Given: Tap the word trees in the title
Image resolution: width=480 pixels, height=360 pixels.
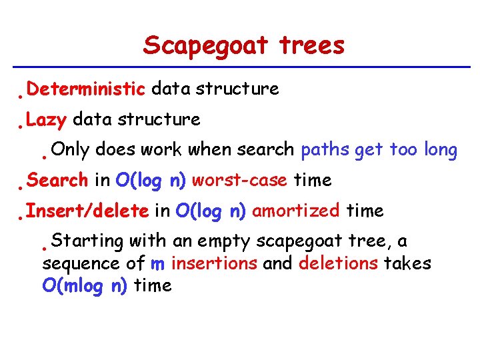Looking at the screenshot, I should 312,45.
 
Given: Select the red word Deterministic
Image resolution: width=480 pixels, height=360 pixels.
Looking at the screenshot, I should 87,89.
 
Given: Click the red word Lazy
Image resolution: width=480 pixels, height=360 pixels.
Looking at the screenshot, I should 47,120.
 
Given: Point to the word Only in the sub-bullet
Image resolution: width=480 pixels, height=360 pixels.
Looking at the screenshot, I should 69,150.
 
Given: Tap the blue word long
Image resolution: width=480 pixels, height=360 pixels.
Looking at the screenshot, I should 440,150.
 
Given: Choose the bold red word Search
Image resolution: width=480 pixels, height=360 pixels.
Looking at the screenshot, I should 58,180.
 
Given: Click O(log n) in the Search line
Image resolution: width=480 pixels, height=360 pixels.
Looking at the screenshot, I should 151,180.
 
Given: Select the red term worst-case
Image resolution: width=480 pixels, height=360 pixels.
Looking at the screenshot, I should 239,180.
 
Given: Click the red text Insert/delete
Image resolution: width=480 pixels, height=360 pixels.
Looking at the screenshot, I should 87,211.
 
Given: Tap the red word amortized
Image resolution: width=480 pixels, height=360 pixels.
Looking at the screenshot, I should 296,211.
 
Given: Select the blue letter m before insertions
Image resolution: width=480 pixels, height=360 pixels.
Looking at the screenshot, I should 157,264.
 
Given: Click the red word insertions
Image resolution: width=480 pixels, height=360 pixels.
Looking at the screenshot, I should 214,263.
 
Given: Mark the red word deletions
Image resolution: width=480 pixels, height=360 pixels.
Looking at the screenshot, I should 338,263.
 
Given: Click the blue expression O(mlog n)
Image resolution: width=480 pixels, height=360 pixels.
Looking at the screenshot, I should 85,286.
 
